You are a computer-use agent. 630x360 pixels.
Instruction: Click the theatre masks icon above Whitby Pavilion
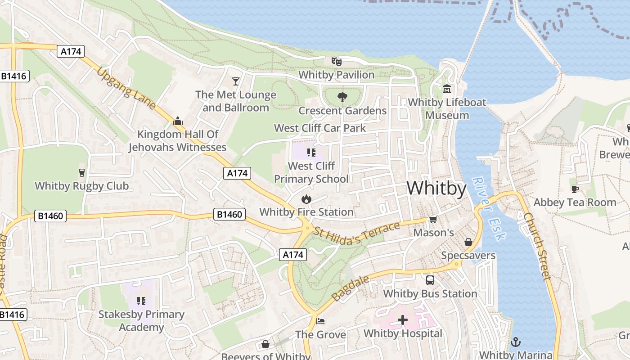pos(337,61)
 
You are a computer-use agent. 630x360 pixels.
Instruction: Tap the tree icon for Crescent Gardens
pos(342,97)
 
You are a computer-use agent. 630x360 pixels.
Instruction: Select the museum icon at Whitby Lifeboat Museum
pos(447,89)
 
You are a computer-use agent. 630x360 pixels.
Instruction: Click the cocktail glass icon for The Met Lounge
pos(235,81)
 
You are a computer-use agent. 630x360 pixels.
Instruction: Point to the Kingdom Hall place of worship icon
pos(178,121)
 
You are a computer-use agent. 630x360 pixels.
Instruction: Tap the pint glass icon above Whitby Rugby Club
pos(81,173)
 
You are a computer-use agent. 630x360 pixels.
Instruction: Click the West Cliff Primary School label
pos(311,172)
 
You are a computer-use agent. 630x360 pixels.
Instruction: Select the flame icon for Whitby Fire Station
pos(306,199)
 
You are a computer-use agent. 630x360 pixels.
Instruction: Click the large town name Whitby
pos(436,188)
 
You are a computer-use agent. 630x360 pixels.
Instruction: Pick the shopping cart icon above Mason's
pos(433,220)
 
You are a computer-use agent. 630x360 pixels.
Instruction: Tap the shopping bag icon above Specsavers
pos(468,242)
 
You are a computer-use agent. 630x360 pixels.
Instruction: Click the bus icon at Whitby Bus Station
pos(430,280)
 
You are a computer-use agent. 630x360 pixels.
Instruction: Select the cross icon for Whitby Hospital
pos(403,320)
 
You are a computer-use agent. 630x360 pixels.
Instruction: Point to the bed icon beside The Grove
pos(320,321)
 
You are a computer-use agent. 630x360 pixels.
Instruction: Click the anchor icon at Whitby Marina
pos(515,342)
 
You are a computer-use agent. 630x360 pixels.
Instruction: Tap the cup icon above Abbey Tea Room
pos(575,189)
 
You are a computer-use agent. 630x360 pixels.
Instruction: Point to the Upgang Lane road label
pos(126,89)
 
